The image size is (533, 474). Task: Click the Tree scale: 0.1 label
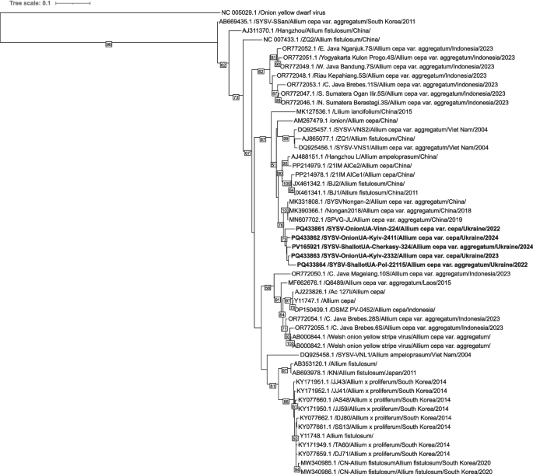(28, 4)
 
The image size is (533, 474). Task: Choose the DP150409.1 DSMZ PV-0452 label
(340, 309)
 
